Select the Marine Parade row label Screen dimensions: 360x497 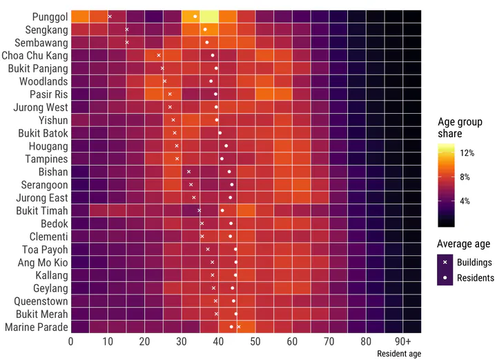point(37,327)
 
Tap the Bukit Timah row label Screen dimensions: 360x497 point(42,210)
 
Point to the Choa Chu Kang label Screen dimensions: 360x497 point(35,55)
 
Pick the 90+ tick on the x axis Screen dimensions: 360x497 point(403,341)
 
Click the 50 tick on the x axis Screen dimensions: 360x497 point(255,341)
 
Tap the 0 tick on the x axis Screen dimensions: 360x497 point(71,341)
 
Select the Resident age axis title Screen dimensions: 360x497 point(399,354)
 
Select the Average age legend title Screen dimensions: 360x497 point(464,243)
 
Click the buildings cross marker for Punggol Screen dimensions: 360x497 point(110,16)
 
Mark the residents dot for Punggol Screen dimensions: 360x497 point(195,16)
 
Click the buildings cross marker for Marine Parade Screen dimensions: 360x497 point(239,326)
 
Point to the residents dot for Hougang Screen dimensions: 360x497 point(226,146)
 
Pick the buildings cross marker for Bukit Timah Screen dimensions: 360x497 point(199,210)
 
